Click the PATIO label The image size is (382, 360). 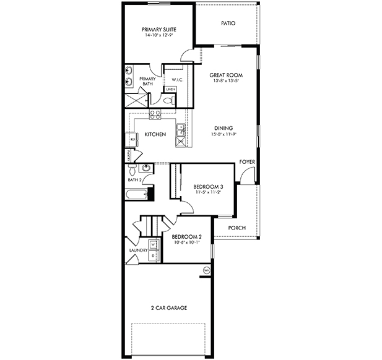click(228, 24)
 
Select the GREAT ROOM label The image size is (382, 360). click(224, 75)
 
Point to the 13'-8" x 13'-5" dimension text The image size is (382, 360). click(224, 81)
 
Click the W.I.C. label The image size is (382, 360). click(169, 79)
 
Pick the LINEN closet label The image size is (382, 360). click(170, 90)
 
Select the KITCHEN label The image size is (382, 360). click(154, 134)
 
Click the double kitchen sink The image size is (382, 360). click(180, 129)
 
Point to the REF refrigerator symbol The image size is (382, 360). click(131, 140)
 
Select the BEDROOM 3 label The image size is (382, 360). click(207, 186)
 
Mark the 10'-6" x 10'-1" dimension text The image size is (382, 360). click(186, 242)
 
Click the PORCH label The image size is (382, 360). click(237, 228)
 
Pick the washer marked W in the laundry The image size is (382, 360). click(152, 244)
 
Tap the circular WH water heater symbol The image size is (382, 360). click(207, 270)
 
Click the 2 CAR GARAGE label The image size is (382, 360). click(168, 307)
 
